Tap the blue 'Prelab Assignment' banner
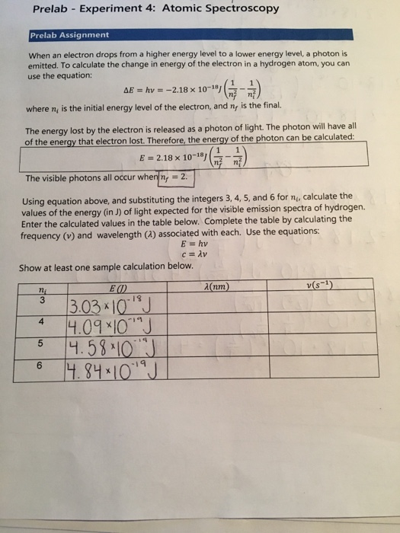coord(69,35)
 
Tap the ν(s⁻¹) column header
coord(325,286)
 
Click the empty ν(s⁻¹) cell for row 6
coord(325,369)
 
